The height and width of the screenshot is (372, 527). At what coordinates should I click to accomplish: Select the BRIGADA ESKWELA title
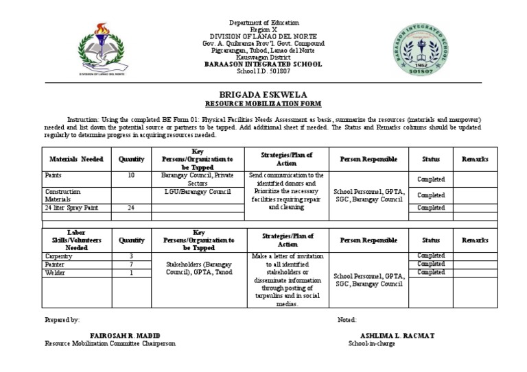tap(263, 94)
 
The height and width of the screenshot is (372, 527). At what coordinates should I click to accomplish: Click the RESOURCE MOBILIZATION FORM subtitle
tap(263, 103)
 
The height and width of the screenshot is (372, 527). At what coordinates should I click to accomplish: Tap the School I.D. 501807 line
tap(263, 71)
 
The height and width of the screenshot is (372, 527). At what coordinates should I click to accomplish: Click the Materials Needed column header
tap(76, 159)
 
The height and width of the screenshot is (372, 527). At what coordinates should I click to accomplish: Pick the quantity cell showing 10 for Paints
tap(131, 175)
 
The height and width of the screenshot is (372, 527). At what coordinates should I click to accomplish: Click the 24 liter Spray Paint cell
tap(69, 208)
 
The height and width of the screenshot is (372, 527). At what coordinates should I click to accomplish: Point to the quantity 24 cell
tap(131, 208)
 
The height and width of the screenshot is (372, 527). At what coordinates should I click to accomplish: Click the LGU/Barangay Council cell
tap(198, 191)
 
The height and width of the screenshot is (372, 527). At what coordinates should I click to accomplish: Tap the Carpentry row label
tap(59, 256)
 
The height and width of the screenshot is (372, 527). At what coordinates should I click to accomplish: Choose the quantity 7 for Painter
tap(131, 264)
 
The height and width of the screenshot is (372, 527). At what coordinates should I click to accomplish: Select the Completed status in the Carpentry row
tap(431, 256)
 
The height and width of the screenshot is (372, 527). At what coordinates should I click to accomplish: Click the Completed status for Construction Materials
tap(431, 195)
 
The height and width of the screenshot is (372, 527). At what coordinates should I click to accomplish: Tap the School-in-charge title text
tap(371, 343)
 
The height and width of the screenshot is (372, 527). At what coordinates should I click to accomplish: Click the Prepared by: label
tap(62, 320)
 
